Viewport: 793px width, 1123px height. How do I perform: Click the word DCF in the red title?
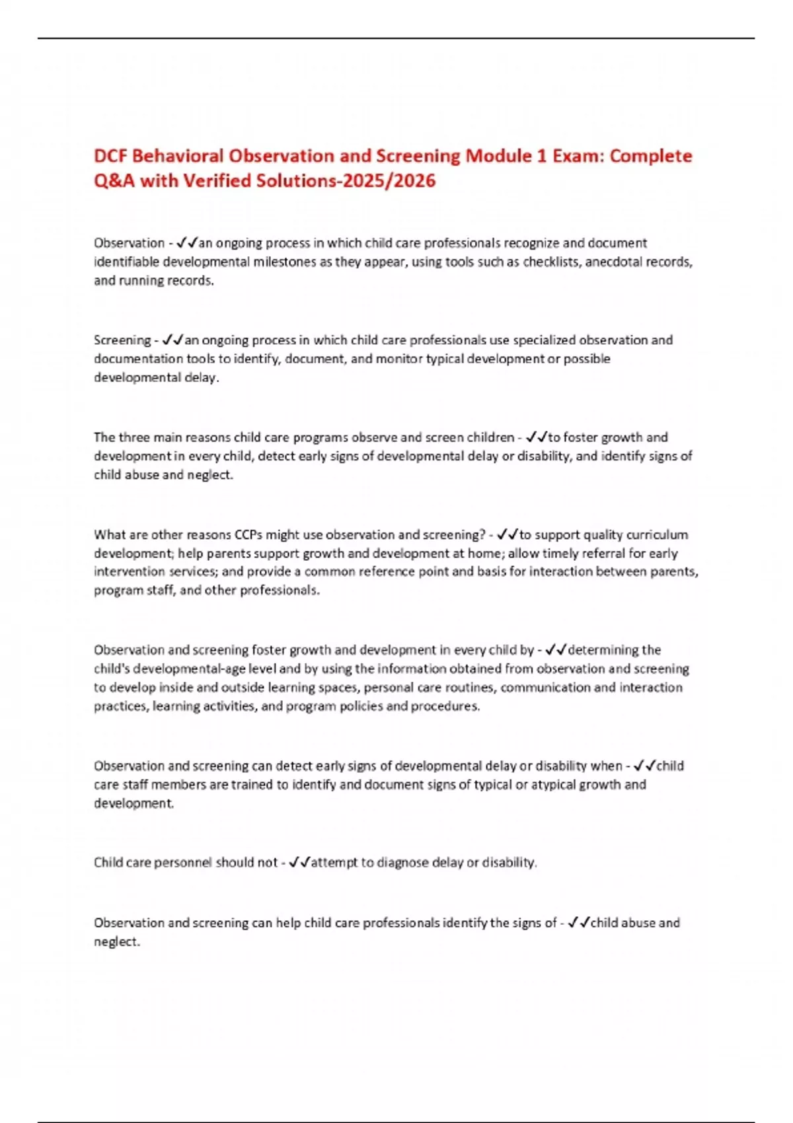tap(110, 156)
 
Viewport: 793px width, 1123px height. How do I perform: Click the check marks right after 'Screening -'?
tap(172, 340)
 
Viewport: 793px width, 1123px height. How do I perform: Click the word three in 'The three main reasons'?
tap(134, 437)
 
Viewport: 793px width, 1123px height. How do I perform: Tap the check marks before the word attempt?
tap(299, 863)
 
